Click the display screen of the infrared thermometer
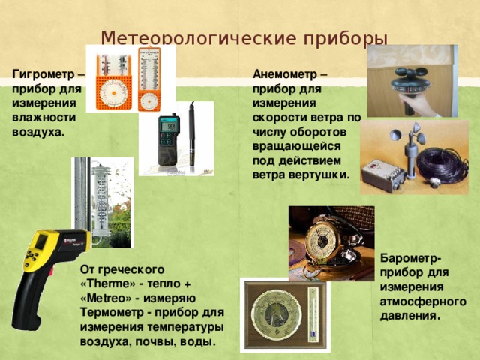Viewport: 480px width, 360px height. point(43,241)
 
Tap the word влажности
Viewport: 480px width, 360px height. point(44,118)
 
